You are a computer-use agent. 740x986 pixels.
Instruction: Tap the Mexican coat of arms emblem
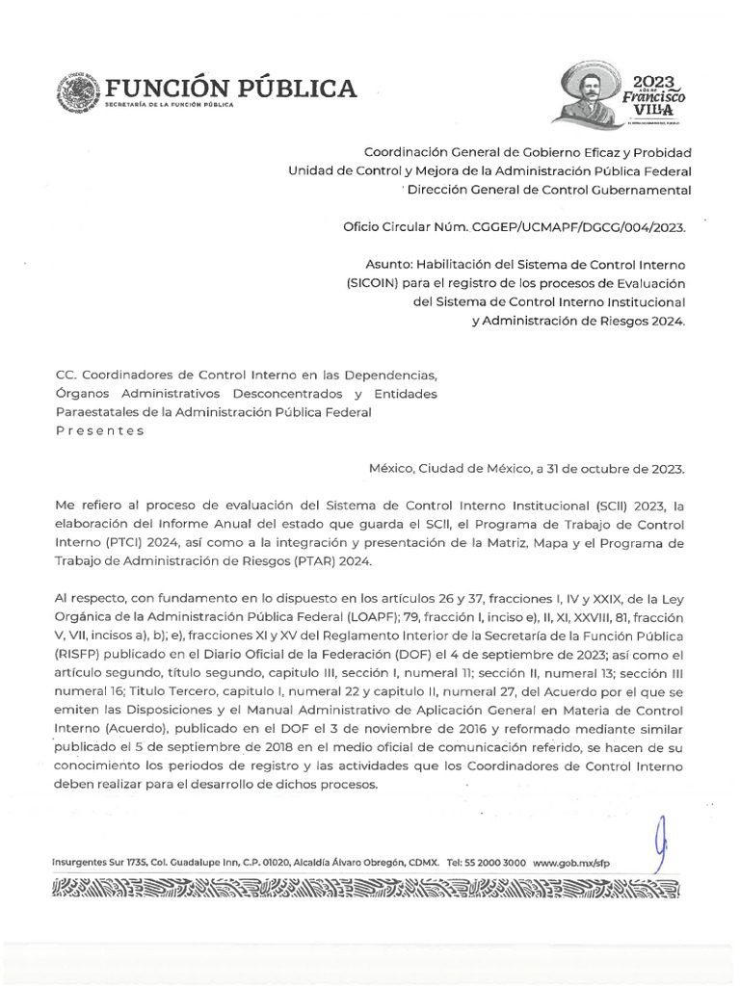82,92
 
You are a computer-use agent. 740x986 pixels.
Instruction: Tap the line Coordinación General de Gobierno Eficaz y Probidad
526,152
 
